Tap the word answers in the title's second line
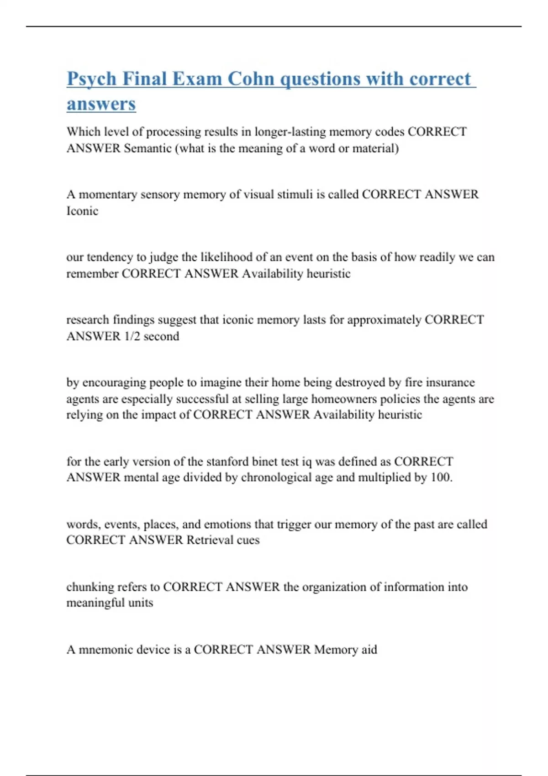coord(101,104)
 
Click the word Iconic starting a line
coord(82,211)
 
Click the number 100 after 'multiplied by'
coord(441,477)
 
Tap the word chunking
coord(90,587)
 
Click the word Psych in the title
coord(92,79)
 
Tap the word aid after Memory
coord(369,650)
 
